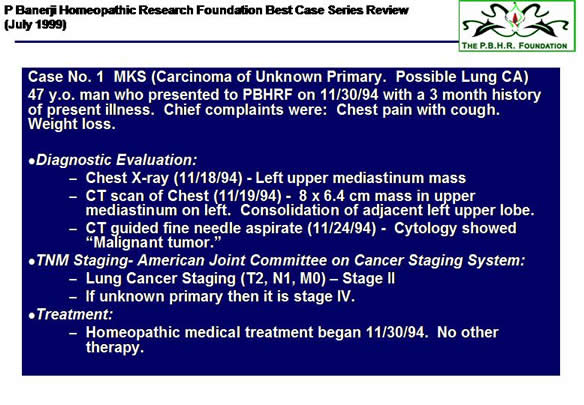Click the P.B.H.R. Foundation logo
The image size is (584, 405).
(517, 26)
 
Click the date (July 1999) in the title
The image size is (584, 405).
(35, 25)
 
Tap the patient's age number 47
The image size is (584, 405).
(36, 95)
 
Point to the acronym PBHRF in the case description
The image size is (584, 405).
(267, 95)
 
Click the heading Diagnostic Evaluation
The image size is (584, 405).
(116, 160)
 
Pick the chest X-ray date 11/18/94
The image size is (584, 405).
(209, 178)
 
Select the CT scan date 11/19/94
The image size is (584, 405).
(248, 196)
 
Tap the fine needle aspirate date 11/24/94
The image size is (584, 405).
(342, 228)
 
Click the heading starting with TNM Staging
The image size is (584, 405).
(280, 260)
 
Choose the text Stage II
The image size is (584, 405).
(368, 278)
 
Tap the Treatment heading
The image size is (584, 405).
(74, 314)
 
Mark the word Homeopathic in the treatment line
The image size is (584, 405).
(133, 333)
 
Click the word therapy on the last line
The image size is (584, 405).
(115, 348)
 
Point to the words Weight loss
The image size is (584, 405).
(72, 124)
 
